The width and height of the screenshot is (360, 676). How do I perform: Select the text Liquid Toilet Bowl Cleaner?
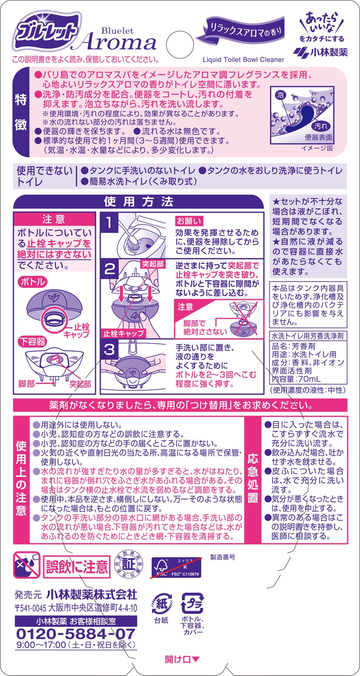coord(244,60)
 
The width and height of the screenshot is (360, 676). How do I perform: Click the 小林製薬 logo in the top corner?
coord(320,52)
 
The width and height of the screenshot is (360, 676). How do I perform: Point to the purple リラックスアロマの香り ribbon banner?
coord(241,31)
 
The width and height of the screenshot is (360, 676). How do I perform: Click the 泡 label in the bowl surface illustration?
coord(280,95)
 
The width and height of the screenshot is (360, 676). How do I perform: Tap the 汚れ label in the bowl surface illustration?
coord(321,126)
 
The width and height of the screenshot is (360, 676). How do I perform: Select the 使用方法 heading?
coord(139,202)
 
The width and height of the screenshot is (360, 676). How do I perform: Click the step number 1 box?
coord(109,223)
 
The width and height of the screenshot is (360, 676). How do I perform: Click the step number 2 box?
coord(109,269)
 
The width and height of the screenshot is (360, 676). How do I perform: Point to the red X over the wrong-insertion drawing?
coord(244,318)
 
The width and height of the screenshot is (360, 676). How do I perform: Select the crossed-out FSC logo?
coord(176,567)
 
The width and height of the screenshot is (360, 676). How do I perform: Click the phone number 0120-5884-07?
coord(75,634)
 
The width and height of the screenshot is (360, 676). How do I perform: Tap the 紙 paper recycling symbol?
coord(162,604)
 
